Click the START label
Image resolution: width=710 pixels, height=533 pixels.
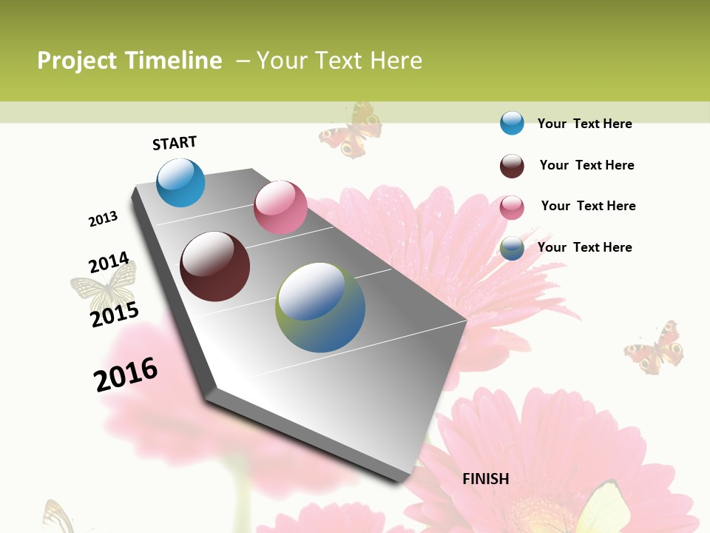pos(175,143)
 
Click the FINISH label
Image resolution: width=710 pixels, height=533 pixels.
pos(486,479)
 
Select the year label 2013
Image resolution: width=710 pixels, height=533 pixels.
pos(103,219)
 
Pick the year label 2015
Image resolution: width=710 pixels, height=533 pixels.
pos(115,315)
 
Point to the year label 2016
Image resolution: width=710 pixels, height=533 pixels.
pos(126,375)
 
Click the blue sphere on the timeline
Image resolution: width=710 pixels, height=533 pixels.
pos(180,183)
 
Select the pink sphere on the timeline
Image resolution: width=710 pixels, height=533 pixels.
pos(280,207)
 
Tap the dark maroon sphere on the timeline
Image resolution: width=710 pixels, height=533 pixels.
pos(214,266)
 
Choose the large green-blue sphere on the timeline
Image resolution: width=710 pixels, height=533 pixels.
pos(320,307)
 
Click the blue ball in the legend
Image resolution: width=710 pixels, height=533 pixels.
pos(512,123)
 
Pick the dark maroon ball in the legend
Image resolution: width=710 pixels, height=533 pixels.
pos(512,165)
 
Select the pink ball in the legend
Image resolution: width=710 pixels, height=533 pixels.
pos(512,207)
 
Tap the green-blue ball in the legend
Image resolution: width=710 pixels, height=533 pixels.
pos(512,248)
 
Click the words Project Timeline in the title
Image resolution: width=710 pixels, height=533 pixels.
pos(129,61)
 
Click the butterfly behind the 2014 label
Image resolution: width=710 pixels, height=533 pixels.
pos(104,289)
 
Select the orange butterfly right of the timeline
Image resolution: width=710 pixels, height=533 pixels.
pos(654,346)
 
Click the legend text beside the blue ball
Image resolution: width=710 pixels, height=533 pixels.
pos(584,124)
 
